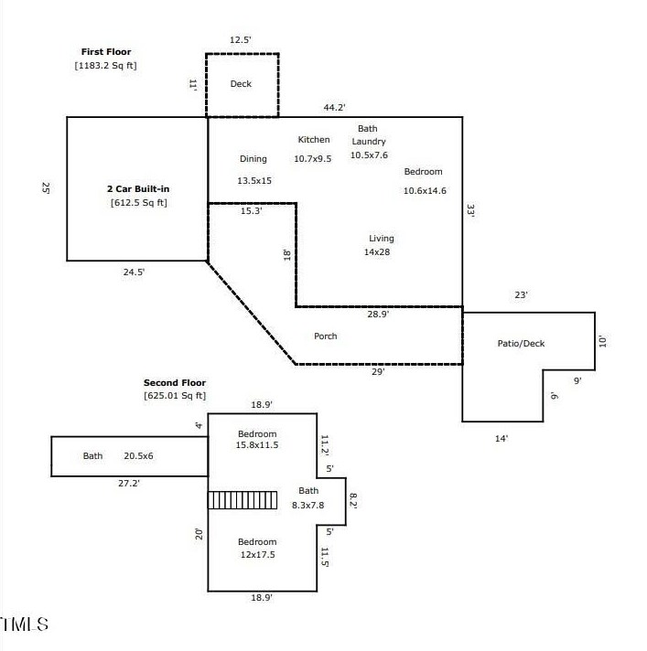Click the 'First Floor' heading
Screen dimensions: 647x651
106,52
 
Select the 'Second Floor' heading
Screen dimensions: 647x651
175,383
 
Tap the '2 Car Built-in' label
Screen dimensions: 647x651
138,189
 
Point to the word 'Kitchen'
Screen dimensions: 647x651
314,140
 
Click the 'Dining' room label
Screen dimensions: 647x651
253,159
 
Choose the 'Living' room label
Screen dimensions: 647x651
382,239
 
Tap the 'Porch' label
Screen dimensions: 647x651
326,336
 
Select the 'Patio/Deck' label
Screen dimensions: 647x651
521,344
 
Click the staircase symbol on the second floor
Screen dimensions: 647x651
243,500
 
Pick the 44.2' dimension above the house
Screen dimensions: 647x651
335,108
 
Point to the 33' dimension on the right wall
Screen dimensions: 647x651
470,210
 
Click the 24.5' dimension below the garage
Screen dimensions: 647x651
134,272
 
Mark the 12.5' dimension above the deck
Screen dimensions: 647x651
240,40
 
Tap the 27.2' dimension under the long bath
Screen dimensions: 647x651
129,484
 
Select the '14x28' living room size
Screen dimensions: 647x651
377,252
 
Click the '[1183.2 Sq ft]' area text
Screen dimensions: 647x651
105,66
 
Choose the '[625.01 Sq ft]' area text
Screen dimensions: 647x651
175,396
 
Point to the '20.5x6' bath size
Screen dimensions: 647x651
138,456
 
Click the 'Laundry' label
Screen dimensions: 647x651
369,142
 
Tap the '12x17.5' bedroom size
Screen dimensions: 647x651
258,555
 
